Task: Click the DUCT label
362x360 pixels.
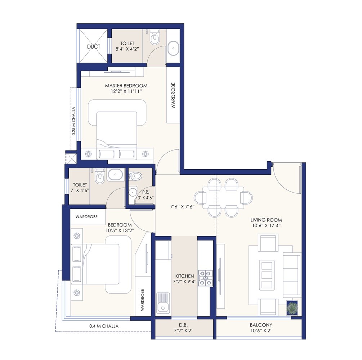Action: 94,46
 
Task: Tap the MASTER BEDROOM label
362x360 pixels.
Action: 126,86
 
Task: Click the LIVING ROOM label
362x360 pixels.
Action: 267,220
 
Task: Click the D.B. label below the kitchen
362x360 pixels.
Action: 183,325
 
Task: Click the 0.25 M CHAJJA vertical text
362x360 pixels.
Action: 73,121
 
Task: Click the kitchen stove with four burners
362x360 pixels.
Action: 206,278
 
